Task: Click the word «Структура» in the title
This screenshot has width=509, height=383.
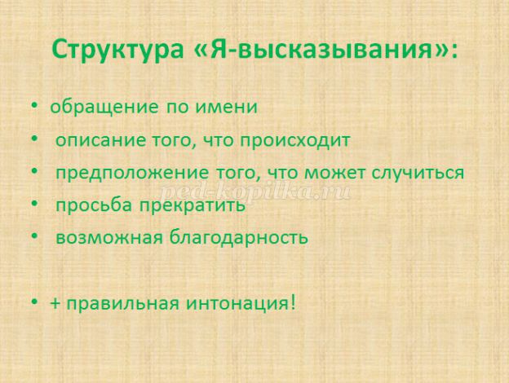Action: tap(117, 49)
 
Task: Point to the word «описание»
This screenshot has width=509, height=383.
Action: tap(100, 141)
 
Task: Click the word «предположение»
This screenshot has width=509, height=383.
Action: tap(132, 174)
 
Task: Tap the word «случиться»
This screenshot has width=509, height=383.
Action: tap(418, 174)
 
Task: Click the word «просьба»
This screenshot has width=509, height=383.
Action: tap(94, 205)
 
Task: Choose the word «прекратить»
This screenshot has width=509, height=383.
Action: tap(193, 206)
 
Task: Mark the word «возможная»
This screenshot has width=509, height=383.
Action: tap(109, 238)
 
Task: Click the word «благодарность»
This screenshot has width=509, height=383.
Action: tap(238, 237)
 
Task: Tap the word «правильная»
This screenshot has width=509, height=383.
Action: tap(122, 304)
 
